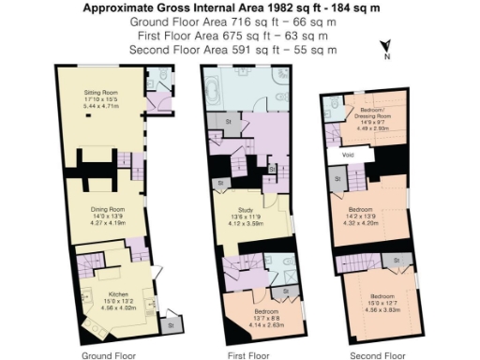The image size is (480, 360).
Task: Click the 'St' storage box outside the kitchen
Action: click(x=170, y=324)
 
